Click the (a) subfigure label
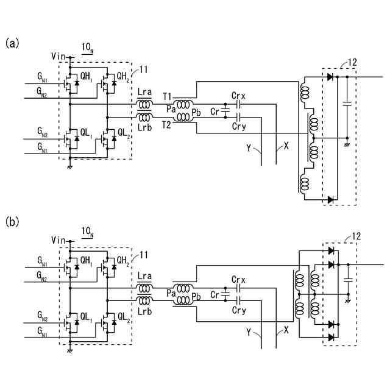(x=12, y=43)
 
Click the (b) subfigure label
(x=12, y=222)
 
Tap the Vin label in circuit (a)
(x=58, y=57)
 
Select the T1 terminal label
(x=167, y=96)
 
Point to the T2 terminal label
(x=166, y=124)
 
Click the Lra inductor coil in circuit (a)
(x=144, y=104)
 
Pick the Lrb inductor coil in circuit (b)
(x=144, y=300)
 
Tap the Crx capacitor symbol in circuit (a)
(x=238, y=104)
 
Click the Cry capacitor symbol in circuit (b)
(x=238, y=300)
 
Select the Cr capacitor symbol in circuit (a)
(x=225, y=111)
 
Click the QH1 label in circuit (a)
(x=87, y=77)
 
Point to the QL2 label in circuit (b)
(x=124, y=317)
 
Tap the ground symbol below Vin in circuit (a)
(x=70, y=167)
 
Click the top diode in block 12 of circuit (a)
(x=330, y=77)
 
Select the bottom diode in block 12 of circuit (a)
(x=330, y=199)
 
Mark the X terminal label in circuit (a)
(x=286, y=146)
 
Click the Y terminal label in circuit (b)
(x=249, y=331)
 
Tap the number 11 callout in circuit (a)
(x=144, y=69)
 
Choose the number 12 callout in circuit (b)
(x=356, y=236)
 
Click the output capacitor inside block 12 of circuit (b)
(x=348, y=280)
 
